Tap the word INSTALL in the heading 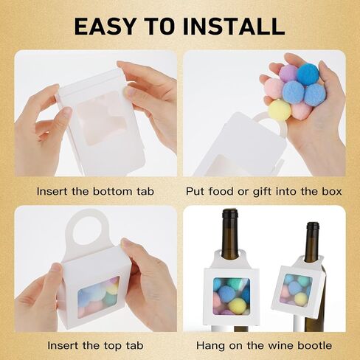pyautogui.click(x=234, y=26)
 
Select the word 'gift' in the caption pyautogui.click(x=263, y=192)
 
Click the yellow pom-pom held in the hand pyautogui.click(x=280, y=111)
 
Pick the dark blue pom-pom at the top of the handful pyautogui.click(x=308, y=73)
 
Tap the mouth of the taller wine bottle pyautogui.click(x=229, y=211)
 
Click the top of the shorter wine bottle pyautogui.click(x=313, y=224)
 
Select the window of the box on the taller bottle pyautogui.click(x=232, y=296)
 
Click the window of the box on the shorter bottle pyautogui.click(x=296, y=289)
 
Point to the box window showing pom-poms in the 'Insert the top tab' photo pyautogui.click(x=99, y=297)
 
